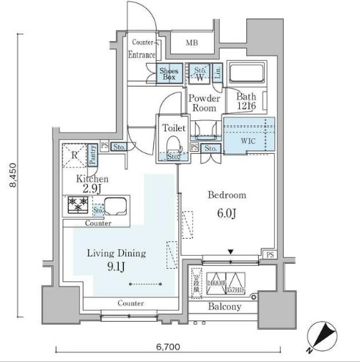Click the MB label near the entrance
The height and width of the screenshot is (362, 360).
(x=191, y=43)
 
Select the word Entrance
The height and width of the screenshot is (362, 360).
(x=142, y=55)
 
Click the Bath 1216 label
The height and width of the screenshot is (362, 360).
(x=246, y=100)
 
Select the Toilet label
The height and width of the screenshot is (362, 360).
(x=173, y=128)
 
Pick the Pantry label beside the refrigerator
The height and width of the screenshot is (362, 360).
(x=94, y=154)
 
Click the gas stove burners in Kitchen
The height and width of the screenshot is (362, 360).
(x=77, y=205)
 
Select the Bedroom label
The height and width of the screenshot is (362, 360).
(x=227, y=196)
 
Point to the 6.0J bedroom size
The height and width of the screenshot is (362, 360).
(x=227, y=213)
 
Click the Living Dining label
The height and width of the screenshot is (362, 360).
(x=117, y=254)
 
